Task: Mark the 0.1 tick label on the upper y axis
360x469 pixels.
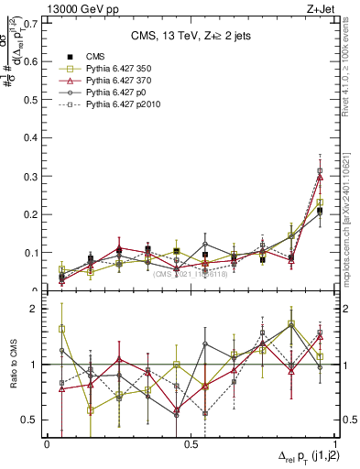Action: coord(31,252)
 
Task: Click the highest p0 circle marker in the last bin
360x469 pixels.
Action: coord(320,170)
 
